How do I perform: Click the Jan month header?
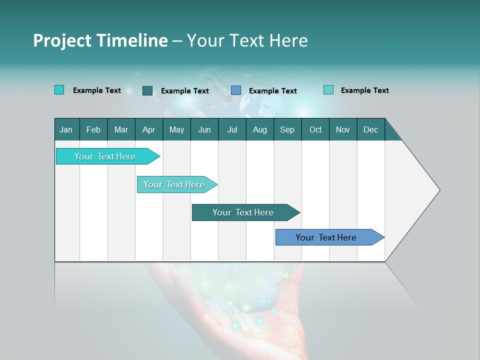tap(66, 129)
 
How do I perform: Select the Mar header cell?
tap(121, 129)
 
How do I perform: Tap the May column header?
tap(176, 129)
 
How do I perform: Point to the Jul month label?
tap(232, 129)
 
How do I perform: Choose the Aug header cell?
tap(259, 129)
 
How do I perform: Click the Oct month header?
tap(315, 129)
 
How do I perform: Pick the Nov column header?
tap(343, 129)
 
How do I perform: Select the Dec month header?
tap(370, 129)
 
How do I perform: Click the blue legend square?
tap(236, 90)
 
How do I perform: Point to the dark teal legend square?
tap(147, 90)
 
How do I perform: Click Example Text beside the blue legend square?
tap(272, 91)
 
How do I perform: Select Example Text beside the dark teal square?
tap(184, 91)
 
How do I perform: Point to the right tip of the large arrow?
tap(439, 190)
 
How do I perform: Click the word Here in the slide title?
tap(288, 40)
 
